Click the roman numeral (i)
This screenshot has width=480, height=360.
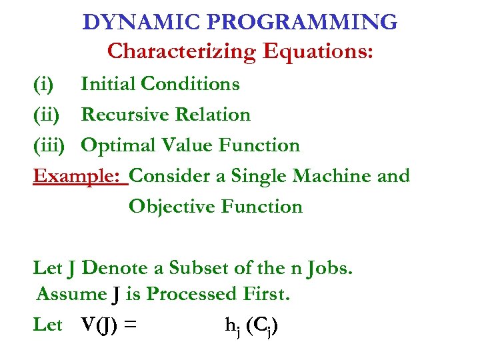pos(44,84)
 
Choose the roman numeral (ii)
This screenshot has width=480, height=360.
pos(47,115)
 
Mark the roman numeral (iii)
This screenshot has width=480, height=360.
pos(51,145)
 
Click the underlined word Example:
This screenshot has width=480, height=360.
pos(80,176)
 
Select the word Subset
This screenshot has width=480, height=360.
pos(197,268)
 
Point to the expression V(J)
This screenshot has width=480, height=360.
pos(99,325)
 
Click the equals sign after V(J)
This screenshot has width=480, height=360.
pos(131,325)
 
